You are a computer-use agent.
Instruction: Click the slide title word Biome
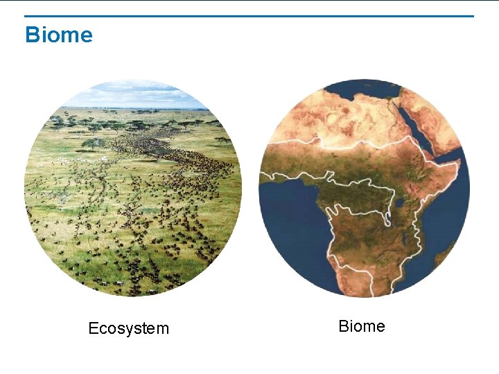[58, 35]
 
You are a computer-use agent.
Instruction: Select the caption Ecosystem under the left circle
[128, 328]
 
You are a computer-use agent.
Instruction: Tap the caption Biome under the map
[361, 326]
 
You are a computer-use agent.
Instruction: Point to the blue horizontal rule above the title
[249, 16]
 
